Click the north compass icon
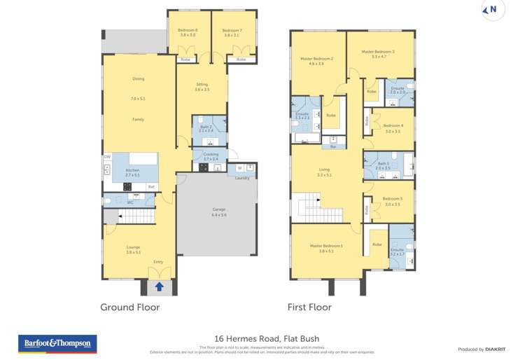[x=493, y=10]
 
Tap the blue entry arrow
[x=159, y=286]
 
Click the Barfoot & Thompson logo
[x=57, y=344]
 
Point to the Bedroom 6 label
[x=187, y=31]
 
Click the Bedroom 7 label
[x=231, y=31]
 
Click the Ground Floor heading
[x=129, y=307]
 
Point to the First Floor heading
[x=309, y=307]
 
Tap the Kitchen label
[x=132, y=170]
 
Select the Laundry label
[x=242, y=178]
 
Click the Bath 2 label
[x=205, y=127]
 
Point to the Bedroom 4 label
[x=393, y=125]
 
